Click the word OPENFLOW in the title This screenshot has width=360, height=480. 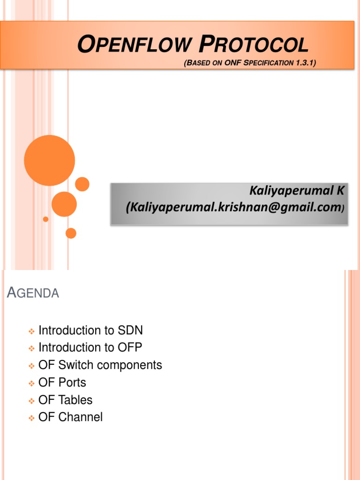coord(134,45)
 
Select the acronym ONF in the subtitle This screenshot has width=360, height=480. coord(233,62)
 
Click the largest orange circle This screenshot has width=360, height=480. coord(49,160)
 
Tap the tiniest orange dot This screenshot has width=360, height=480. coord(45,219)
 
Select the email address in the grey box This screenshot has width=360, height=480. coord(232,207)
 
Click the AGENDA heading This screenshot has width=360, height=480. coord(33,293)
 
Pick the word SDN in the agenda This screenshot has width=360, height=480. coord(131,330)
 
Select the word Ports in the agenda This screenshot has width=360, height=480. coord(72,382)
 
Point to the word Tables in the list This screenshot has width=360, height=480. coord(75,400)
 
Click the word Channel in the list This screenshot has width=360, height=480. coord(80,417)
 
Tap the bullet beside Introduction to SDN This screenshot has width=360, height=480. coord(31,331)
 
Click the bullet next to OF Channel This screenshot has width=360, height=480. coord(31,418)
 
